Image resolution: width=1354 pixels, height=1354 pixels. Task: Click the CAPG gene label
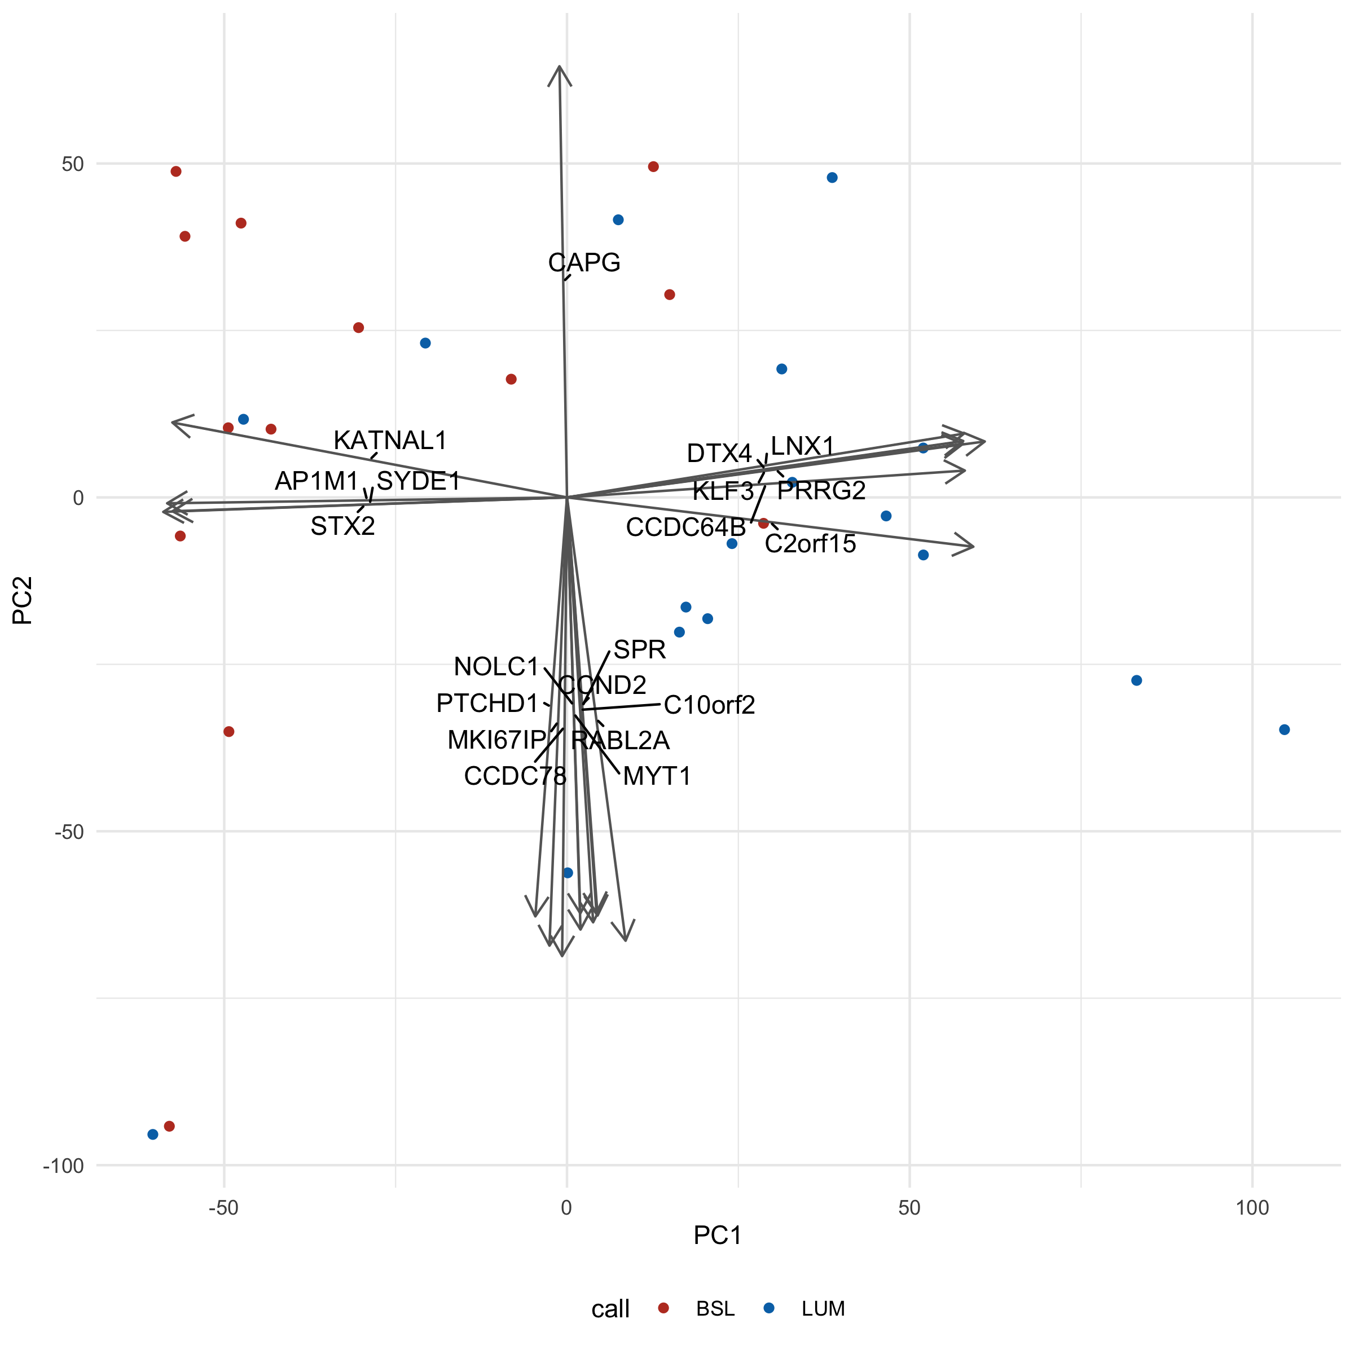(x=584, y=263)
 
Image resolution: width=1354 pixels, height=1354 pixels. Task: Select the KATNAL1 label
(x=390, y=441)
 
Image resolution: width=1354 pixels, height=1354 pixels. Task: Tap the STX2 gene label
(x=342, y=526)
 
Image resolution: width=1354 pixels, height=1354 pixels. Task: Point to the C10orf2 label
(x=709, y=705)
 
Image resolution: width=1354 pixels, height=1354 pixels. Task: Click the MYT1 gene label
(x=657, y=776)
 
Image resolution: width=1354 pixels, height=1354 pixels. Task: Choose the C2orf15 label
(x=810, y=544)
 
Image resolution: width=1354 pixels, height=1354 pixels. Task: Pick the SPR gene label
(x=639, y=650)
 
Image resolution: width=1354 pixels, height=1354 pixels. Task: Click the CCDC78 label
(x=515, y=776)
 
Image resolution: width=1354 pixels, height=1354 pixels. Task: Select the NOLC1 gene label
(x=496, y=666)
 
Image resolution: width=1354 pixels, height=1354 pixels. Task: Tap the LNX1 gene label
(x=802, y=446)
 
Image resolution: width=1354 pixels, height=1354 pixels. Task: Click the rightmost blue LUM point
(x=1285, y=729)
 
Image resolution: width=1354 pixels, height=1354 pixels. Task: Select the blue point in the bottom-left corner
(x=153, y=1135)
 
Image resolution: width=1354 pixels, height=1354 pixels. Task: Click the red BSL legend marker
(x=663, y=1308)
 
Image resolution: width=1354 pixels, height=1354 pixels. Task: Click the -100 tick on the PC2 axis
(x=63, y=1166)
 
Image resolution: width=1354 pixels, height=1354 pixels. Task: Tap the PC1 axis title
(x=717, y=1255)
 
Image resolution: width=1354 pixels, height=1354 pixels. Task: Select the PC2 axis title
(x=23, y=600)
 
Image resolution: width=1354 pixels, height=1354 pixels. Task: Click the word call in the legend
(x=610, y=1309)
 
